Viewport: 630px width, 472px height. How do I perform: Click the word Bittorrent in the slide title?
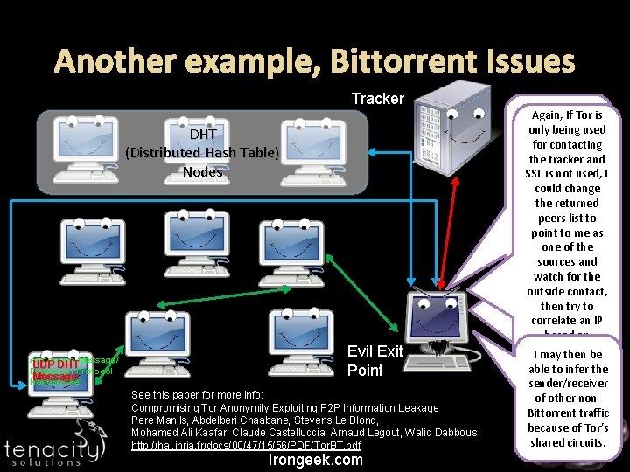tap(362, 61)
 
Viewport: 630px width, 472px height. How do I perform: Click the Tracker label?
tap(377, 99)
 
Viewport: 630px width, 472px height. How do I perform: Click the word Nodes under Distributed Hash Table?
tap(202, 171)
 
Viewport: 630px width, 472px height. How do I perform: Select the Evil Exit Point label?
tap(374, 361)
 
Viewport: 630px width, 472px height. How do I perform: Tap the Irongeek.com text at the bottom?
tap(315, 460)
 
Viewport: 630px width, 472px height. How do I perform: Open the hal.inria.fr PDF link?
tap(246, 446)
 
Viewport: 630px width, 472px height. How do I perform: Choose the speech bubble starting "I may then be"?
tap(570, 398)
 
